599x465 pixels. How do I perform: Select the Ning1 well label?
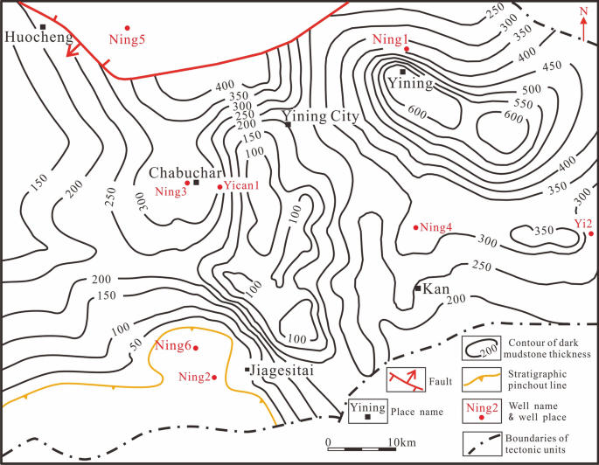390,39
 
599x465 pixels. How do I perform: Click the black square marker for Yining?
402,71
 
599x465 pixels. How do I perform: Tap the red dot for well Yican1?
219,186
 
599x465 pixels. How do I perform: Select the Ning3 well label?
171,192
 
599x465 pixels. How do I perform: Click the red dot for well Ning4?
415,228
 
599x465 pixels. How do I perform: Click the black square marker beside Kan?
418,288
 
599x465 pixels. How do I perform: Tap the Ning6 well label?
172,344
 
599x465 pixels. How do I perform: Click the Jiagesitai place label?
283,371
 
